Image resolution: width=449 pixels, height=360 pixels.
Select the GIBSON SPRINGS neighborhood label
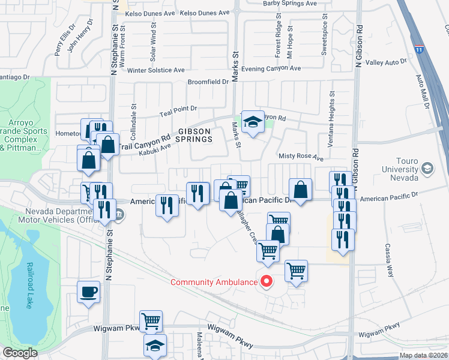click(x=194, y=135)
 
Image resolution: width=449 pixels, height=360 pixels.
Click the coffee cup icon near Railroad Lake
click(x=89, y=292)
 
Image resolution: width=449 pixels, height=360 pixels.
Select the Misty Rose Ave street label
click(x=301, y=158)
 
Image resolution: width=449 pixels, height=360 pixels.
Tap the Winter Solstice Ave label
click(x=156, y=70)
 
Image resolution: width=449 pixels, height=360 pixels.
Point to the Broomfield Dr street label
click(x=208, y=82)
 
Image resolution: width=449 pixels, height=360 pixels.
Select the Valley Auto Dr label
click(x=386, y=62)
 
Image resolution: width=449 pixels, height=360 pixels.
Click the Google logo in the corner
click(x=20, y=353)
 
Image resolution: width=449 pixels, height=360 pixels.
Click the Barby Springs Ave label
click(x=290, y=4)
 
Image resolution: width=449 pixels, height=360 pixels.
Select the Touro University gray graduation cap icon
click(x=427, y=167)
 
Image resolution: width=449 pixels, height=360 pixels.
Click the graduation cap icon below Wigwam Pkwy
click(x=155, y=346)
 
